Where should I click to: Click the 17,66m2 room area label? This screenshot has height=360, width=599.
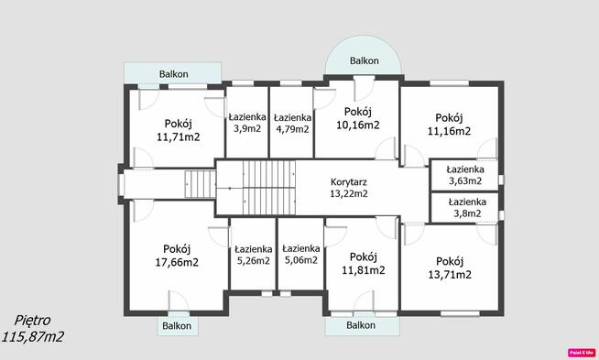coord(177,263)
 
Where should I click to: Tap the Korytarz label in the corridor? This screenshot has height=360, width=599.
coord(349,182)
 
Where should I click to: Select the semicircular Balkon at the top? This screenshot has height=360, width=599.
coord(364,55)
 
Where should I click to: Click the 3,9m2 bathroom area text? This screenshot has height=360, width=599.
coord(247,128)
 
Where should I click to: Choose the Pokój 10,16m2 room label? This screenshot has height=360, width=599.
coord(358,118)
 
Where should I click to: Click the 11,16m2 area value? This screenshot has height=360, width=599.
coord(449,131)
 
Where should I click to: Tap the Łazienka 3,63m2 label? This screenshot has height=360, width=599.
coord(465,175)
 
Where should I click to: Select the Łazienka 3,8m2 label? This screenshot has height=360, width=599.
coord(467,208)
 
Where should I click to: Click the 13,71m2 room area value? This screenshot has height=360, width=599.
coord(450,275)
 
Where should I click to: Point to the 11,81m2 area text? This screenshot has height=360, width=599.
coord(364,270)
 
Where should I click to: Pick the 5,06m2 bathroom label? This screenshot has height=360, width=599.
coord(301,260)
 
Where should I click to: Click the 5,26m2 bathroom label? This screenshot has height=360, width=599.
coord(254,261)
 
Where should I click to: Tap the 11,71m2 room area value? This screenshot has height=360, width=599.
coord(179,136)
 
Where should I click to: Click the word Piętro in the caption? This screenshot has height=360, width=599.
coord(32,321)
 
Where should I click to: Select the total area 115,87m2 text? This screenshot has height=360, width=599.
coord(33,337)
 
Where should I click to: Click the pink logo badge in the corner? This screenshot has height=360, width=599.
coord(582,353)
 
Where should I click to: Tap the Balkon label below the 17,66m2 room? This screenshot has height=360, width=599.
coord(177,326)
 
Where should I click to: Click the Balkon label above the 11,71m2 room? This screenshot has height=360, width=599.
coord(174,74)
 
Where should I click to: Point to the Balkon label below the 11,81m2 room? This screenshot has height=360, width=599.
coord(361,325)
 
